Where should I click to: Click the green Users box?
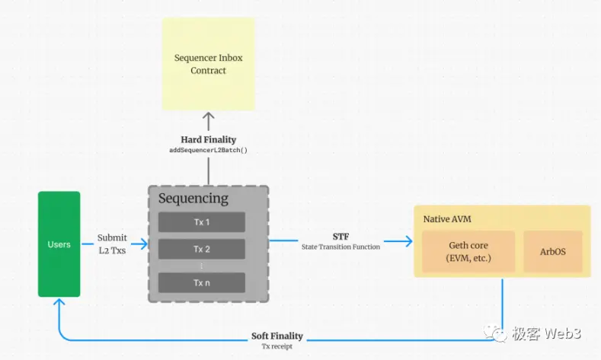59,244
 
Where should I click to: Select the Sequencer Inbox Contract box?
208,64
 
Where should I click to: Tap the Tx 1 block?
202,221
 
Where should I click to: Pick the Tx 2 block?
202,249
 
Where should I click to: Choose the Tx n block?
202,282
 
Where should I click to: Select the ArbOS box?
552,252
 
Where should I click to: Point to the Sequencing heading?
193,199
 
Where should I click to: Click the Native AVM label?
447,219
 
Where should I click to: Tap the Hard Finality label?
208,139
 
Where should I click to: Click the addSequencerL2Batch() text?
208,150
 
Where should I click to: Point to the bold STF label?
340,236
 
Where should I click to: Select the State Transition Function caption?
340,246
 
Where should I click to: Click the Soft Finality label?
277,336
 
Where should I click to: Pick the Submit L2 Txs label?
112,244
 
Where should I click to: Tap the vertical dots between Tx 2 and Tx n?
202,266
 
